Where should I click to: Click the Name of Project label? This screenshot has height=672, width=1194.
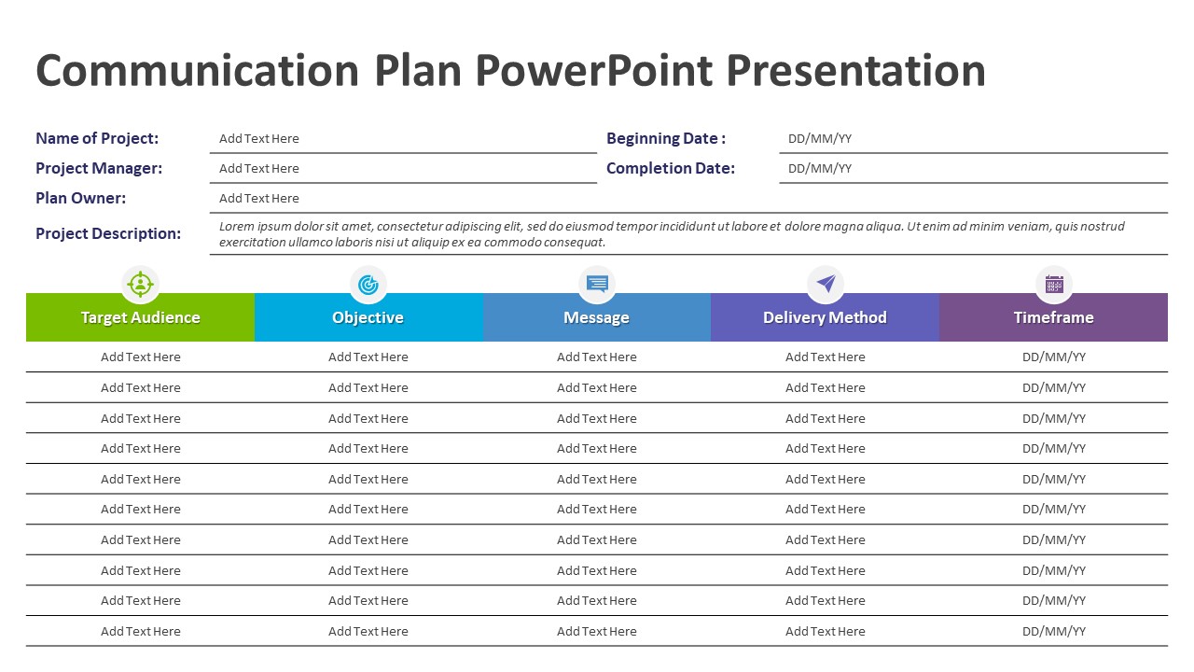pos(97,138)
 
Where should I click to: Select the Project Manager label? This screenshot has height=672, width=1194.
pos(99,168)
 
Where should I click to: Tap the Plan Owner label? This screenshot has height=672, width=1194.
pos(80,198)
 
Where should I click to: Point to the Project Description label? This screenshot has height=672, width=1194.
pos(108,233)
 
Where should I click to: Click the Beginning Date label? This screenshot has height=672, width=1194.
pos(665,138)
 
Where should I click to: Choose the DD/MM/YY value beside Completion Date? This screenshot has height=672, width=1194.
pos(820,169)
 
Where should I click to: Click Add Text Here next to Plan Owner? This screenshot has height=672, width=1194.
pos(259,198)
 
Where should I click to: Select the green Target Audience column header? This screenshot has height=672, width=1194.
pos(140,317)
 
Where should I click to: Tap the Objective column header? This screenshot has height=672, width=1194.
pos(368,317)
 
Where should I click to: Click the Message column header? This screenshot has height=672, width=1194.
pos(596,317)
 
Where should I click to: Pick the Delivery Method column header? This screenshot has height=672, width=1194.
pos(825,317)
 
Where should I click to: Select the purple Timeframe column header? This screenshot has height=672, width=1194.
pos(1053,317)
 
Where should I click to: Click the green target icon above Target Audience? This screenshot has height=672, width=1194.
pos(140,284)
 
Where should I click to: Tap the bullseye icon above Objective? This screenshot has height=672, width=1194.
pos(368,284)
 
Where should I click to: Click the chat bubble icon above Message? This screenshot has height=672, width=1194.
pos(597,284)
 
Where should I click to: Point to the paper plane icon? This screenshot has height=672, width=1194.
pos(826,284)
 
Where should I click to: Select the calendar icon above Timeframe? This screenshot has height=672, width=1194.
pos(1054,284)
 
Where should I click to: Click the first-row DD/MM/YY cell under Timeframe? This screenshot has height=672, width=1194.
pos(1053,357)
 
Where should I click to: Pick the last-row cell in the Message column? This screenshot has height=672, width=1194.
pos(596,631)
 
